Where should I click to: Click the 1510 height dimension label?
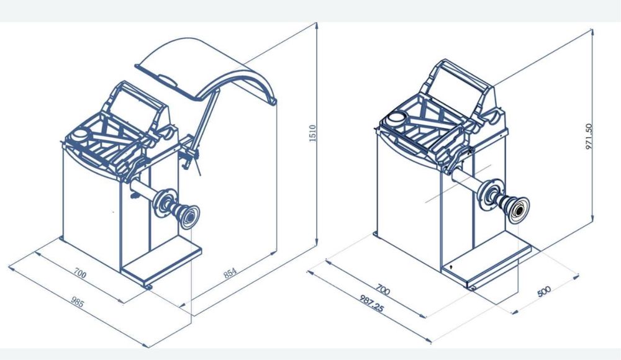(312, 133)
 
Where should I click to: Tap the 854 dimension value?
(230, 273)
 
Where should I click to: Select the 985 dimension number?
(78, 302)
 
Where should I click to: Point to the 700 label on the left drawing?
(79, 273)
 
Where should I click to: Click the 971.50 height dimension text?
(589, 137)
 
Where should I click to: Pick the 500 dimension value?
(544, 292)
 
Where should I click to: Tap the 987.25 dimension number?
(371, 303)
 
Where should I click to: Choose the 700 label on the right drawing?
(383, 289)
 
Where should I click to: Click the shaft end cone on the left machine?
(189, 217)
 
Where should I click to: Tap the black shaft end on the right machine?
(519, 210)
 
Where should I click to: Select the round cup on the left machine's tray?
(80, 135)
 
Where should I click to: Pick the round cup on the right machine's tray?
(397, 117)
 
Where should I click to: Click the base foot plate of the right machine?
(487, 265)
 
